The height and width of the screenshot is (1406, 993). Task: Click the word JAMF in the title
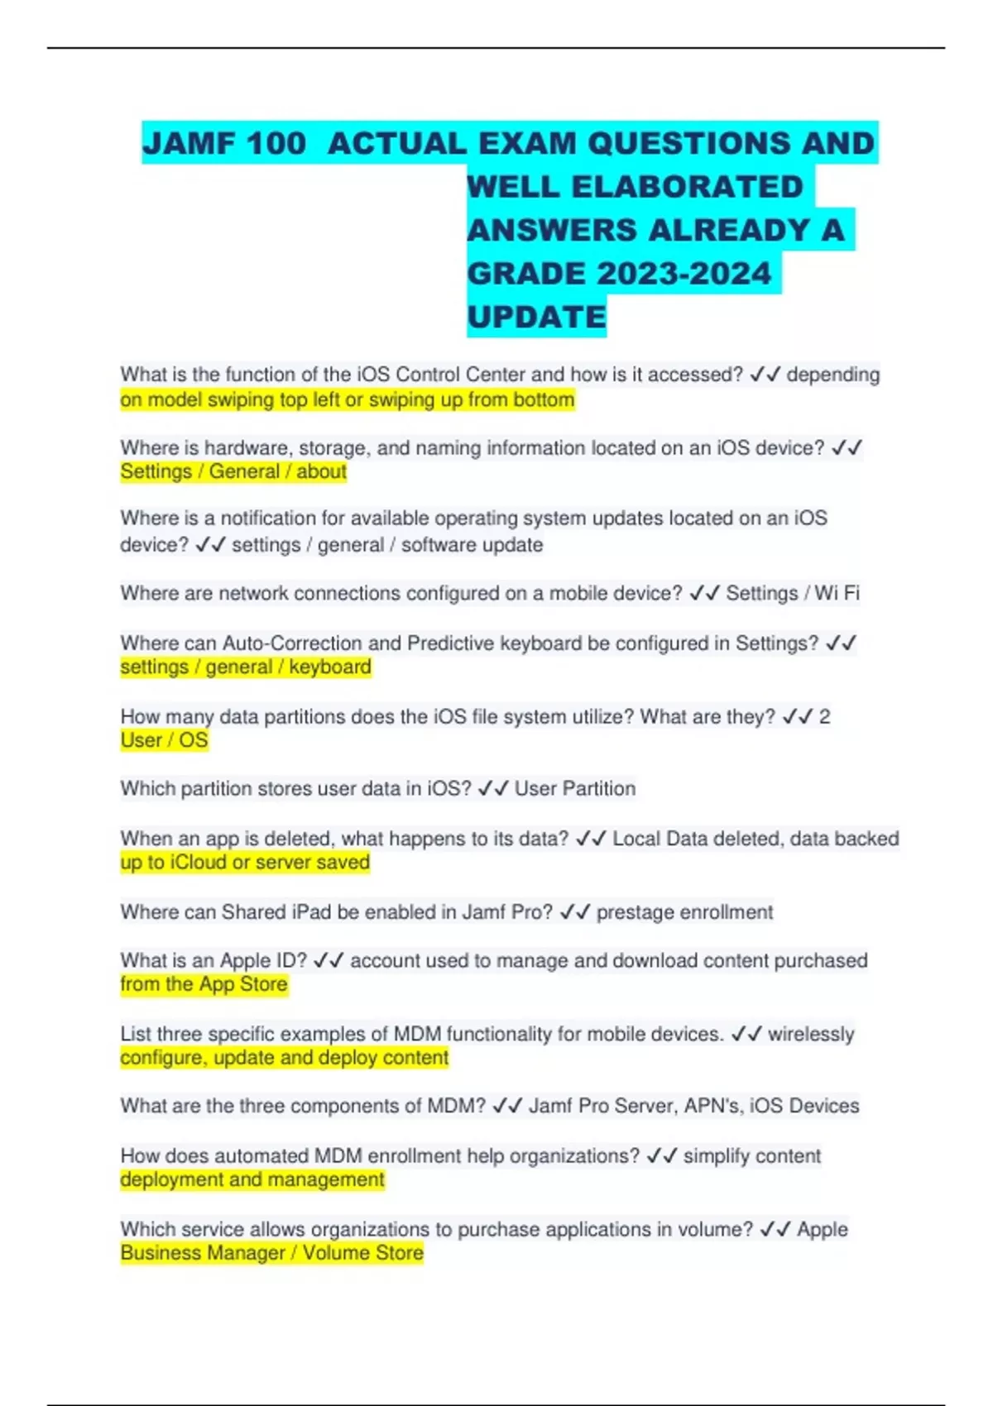point(189,144)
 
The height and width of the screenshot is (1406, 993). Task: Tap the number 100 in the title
point(276,144)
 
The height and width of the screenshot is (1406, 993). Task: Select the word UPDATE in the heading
point(536,317)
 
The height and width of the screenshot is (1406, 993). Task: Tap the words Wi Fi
point(837,593)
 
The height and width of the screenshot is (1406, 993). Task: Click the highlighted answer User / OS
point(164,740)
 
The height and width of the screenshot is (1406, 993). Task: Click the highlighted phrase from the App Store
point(204,984)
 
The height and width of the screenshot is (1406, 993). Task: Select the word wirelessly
point(811,1034)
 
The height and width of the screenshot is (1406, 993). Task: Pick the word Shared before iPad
point(254,912)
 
